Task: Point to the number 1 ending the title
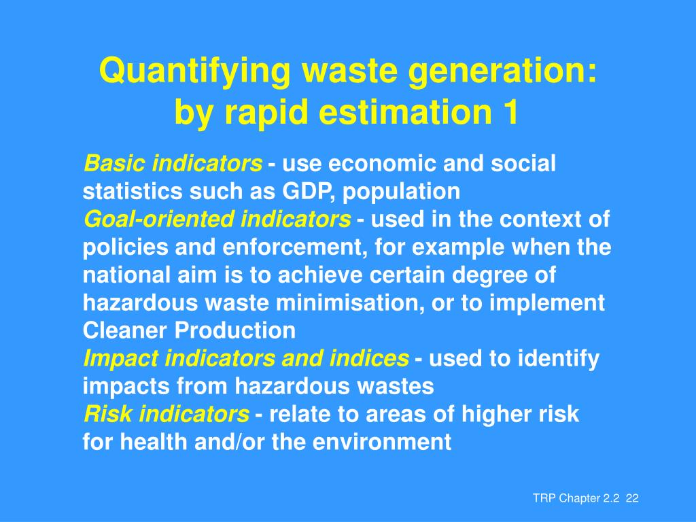pos(510,113)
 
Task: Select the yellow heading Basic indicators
pos(173,164)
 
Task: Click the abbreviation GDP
pos(310,192)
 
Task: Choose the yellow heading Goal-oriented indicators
pos(217,220)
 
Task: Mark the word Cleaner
pos(126,331)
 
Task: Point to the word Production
pos(235,331)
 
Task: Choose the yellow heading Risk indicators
pos(166,414)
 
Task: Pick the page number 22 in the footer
pos(633,499)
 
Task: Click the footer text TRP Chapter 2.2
pos(576,499)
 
